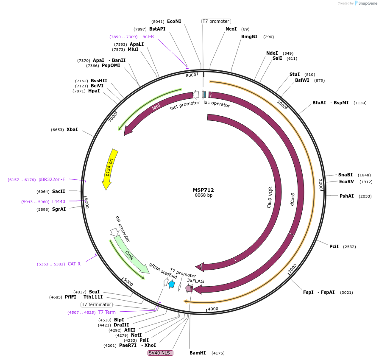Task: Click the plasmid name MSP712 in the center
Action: click(203, 190)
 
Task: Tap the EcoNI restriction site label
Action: click(174, 21)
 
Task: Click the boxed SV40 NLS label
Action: click(160, 353)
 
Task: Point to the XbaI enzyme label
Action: click(72, 129)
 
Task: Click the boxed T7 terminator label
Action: click(97, 304)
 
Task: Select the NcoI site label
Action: click(231, 29)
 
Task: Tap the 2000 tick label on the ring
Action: click(321, 184)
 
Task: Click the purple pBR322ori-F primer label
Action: click(52, 179)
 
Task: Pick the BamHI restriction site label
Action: click(198, 353)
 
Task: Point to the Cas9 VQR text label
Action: click(270, 197)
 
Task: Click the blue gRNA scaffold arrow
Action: click(172, 284)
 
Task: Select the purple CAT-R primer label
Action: click(74, 264)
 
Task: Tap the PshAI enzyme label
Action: click(346, 196)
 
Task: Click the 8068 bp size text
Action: click(203, 195)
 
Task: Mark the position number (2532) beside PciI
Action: click(349, 246)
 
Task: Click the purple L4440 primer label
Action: click(59, 201)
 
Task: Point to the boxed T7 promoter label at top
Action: click(216, 21)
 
